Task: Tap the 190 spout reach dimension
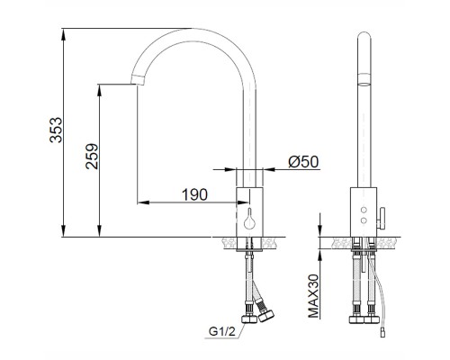[193, 194]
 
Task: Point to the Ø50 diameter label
[303, 162]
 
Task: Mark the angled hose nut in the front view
[267, 317]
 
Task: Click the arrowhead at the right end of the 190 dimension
[232, 201]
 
